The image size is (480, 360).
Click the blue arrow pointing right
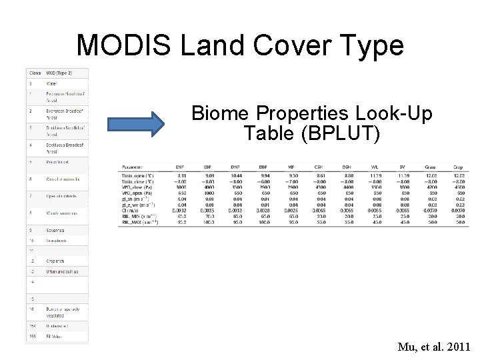pos(136,124)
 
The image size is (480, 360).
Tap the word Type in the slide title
pos(370,45)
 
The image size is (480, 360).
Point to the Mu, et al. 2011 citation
pos(434,347)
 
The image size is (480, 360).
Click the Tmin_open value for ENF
pos(181,175)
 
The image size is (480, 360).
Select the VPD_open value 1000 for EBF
pos(209,193)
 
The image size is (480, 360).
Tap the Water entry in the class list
pos(51,83)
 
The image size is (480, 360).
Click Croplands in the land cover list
pos(56,261)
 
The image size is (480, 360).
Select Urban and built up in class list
pos(62,271)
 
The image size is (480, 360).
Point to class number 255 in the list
pos(32,336)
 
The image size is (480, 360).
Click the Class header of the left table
pos(35,72)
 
